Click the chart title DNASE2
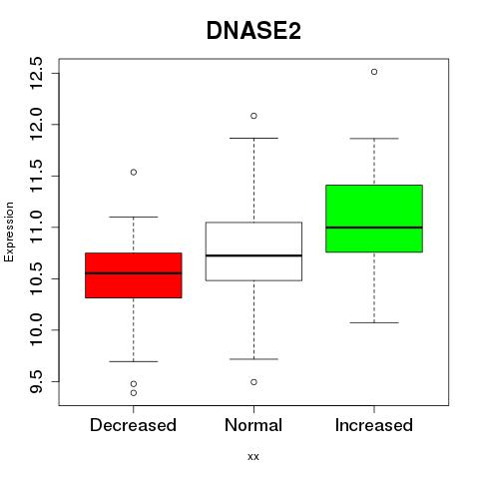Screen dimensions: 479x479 click(253, 31)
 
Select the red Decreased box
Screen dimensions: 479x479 click(134, 275)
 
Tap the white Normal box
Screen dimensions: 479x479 click(253, 251)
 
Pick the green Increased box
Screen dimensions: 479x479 click(374, 219)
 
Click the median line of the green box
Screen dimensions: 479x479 click(374, 228)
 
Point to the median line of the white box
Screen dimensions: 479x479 click(253, 255)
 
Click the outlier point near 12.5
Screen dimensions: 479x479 click(374, 72)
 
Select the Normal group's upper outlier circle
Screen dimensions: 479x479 click(253, 116)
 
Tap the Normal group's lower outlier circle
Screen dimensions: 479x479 click(253, 382)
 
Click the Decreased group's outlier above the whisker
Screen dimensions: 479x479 click(134, 173)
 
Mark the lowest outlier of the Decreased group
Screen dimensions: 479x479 click(134, 393)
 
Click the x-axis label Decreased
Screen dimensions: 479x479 click(133, 425)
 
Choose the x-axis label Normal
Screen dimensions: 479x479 click(253, 425)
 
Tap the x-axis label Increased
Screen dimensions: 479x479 click(374, 425)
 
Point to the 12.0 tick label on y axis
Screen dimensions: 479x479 click(36, 125)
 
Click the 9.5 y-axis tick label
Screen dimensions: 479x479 click(36, 381)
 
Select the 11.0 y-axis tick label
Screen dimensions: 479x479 click(36, 228)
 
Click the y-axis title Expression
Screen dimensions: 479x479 click(9, 232)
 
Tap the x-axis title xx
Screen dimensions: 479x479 click(253, 457)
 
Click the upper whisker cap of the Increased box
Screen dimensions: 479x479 click(374, 139)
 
